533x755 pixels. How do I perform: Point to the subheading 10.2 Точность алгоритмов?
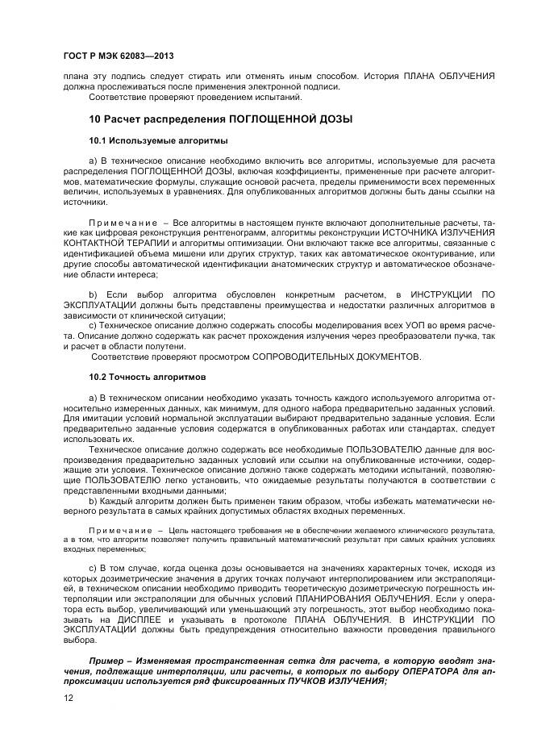click(x=139, y=377)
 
